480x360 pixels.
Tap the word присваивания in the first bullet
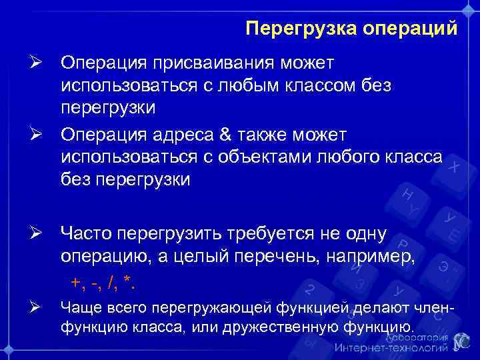click(205, 63)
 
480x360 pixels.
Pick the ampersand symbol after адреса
click(221, 135)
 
